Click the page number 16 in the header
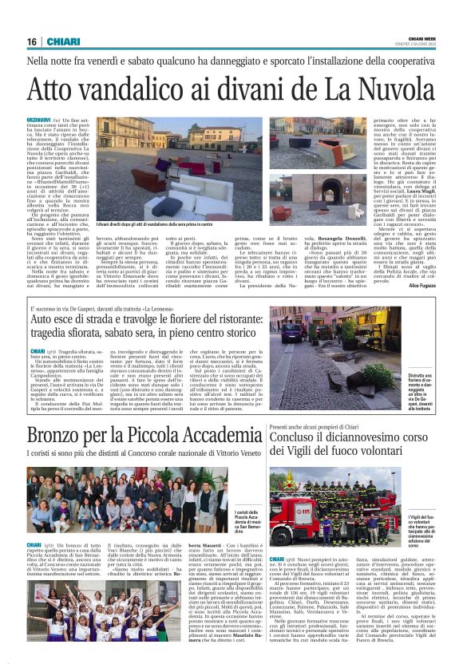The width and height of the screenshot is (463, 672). tap(32, 42)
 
